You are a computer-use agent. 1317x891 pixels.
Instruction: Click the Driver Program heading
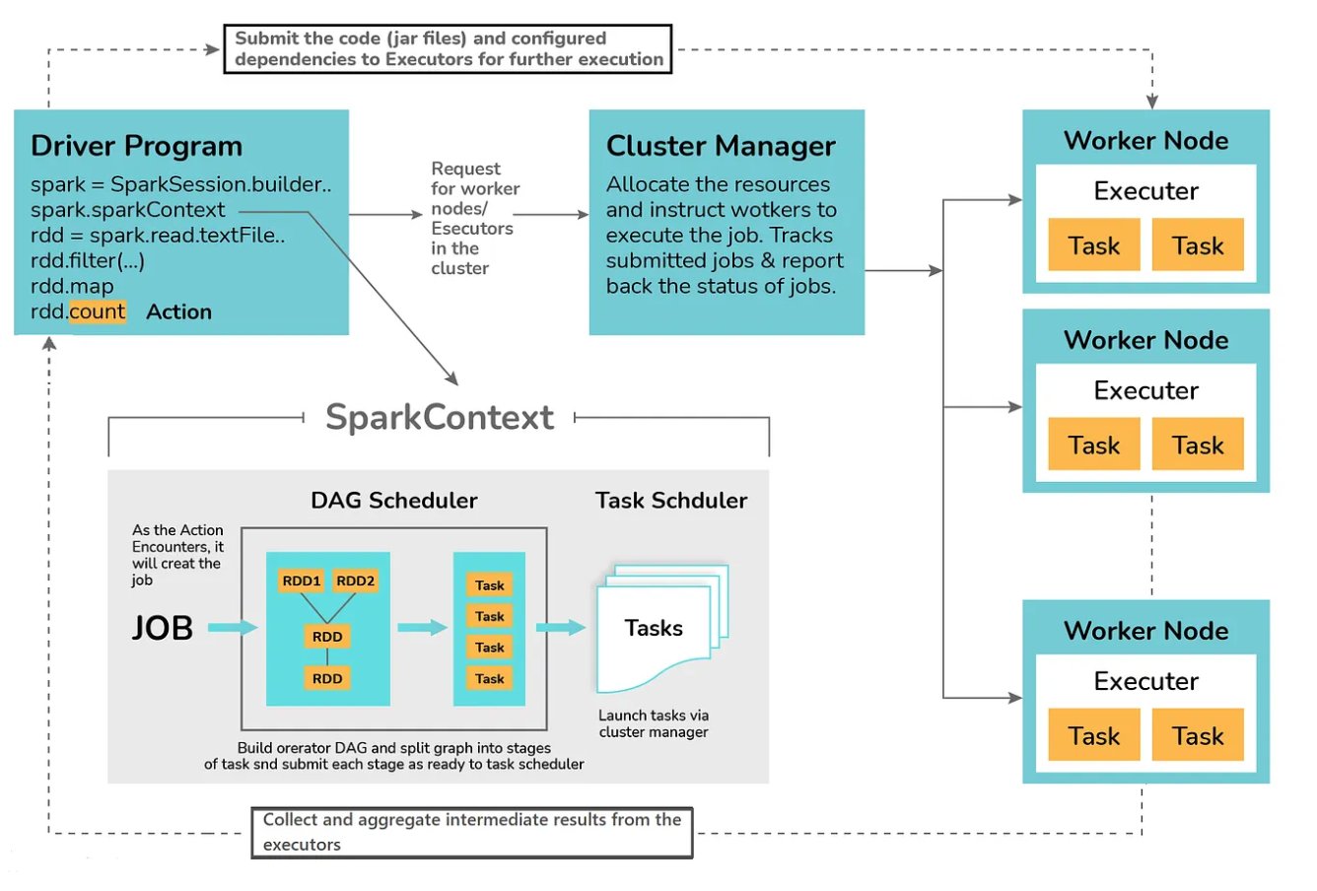[136, 146]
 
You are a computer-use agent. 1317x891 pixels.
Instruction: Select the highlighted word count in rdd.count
[97, 312]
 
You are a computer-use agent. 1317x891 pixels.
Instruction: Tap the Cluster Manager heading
[721, 146]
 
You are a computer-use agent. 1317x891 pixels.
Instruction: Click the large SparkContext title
[440, 417]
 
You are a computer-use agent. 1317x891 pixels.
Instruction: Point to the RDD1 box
[302, 582]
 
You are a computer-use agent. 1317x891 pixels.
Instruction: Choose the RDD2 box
[355, 582]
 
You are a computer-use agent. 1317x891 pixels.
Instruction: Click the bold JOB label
[163, 628]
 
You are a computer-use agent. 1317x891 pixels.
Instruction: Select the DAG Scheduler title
[393, 501]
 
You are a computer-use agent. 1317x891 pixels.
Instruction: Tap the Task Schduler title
[670, 501]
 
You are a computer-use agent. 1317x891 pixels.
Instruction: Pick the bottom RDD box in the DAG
[327, 678]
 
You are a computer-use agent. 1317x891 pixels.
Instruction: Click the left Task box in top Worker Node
[1093, 246]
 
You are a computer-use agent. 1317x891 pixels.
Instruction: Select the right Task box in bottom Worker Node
[1198, 736]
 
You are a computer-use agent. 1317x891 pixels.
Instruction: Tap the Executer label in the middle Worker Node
[1145, 390]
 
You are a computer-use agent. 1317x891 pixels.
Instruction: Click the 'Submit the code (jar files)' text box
[448, 49]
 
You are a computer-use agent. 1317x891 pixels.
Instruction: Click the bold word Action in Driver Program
[178, 312]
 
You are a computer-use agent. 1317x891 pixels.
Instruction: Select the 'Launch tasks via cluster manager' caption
[653, 723]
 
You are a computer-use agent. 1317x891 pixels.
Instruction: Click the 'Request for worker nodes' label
[473, 219]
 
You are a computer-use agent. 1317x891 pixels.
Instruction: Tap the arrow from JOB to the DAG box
[233, 628]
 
